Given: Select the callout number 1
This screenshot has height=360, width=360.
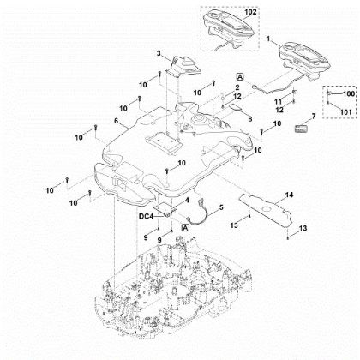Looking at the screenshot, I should (268, 40).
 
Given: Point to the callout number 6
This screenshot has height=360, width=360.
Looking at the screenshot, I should (104, 123).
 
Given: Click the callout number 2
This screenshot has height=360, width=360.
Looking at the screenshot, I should (237, 88).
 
